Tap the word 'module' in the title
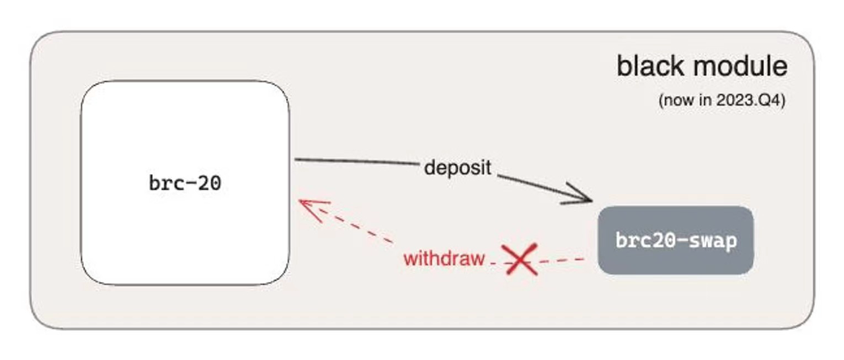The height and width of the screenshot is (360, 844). (740, 67)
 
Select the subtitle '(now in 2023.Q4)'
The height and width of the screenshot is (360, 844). (722, 100)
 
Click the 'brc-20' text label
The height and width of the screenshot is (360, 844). (185, 183)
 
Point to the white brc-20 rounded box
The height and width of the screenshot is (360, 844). (185, 183)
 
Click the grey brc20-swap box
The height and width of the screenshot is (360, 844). (676, 240)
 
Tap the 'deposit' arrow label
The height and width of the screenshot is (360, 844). (458, 168)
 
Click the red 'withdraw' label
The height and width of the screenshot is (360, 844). (444, 258)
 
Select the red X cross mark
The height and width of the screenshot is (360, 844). (520, 259)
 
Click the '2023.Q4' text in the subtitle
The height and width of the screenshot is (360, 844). (748, 100)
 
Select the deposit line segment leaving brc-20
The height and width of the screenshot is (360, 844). (357, 162)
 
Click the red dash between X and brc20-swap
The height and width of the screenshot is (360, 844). (561, 260)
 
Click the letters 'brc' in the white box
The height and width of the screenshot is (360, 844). (162, 183)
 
